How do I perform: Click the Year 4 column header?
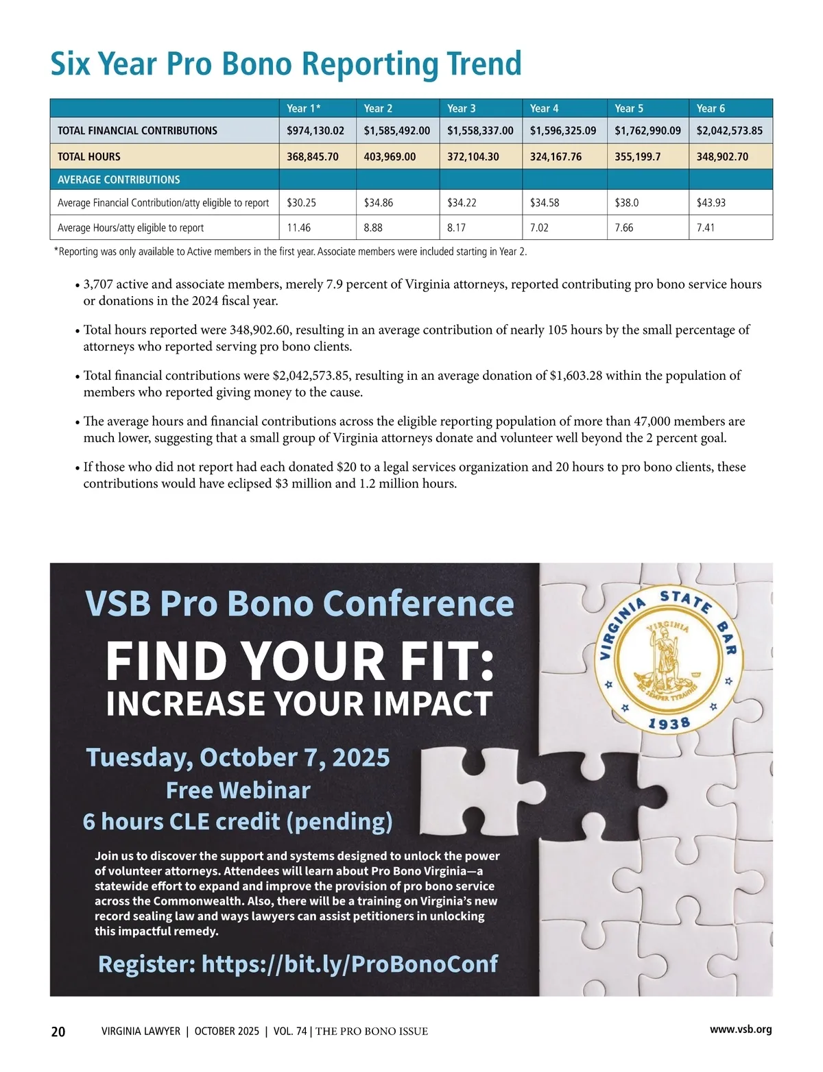[x=545, y=108]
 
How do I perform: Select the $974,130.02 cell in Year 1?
[x=315, y=130]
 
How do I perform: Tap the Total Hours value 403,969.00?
[x=390, y=156]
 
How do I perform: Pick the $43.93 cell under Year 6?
[x=711, y=203]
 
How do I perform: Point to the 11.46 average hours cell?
[x=299, y=228]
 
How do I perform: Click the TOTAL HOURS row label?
[x=89, y=156]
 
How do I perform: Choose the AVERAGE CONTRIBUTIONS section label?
[x=119, y=180]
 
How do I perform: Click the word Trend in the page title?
[x=484, y=64]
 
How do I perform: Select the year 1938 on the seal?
[x=669, y=723]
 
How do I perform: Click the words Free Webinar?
[x=238, y=790]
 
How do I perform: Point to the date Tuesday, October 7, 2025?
[x=238, y=757]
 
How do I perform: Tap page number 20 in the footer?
[x=58, y=1032]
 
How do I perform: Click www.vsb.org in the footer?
[x=741, y=1030]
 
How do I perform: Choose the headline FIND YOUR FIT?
[x=300, y=661]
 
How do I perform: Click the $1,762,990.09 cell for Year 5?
[x=647, y=130]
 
